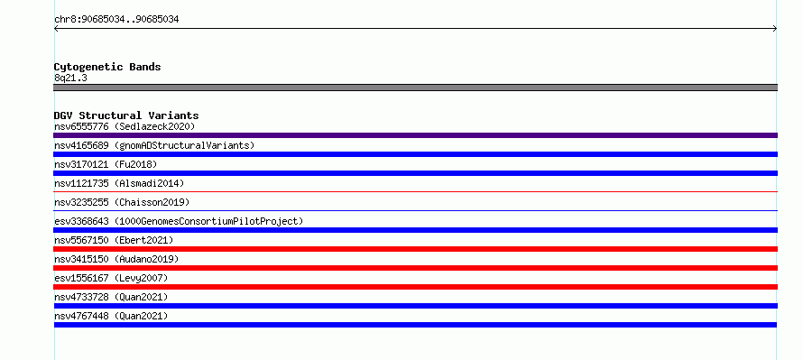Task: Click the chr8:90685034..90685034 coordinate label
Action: pos(116,20)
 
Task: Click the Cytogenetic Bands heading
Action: pos(107,67)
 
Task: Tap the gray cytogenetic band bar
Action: pos(415,88)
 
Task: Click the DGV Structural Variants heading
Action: pos(126,115)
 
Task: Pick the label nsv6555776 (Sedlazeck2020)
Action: pos(125,126)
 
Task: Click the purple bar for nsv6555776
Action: pos(415,135)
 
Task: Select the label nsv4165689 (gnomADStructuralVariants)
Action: pos(154,145)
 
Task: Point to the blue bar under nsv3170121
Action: pos(415,173)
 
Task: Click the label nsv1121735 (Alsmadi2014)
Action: pos(119,183)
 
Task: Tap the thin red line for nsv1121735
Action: pos(415,191)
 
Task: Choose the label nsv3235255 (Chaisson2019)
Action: pos(122,202)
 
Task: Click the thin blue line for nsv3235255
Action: pos(415,210)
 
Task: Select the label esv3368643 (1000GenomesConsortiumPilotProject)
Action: pos(179,221)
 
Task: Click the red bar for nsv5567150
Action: pos(415,249)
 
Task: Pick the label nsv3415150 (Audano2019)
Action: pos(116,259)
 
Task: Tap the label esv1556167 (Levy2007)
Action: pos(111,278)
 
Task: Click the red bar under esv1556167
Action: pos(415,287)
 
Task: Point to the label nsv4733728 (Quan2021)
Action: pos(111,297)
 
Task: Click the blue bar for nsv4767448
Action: pos(415,325)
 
